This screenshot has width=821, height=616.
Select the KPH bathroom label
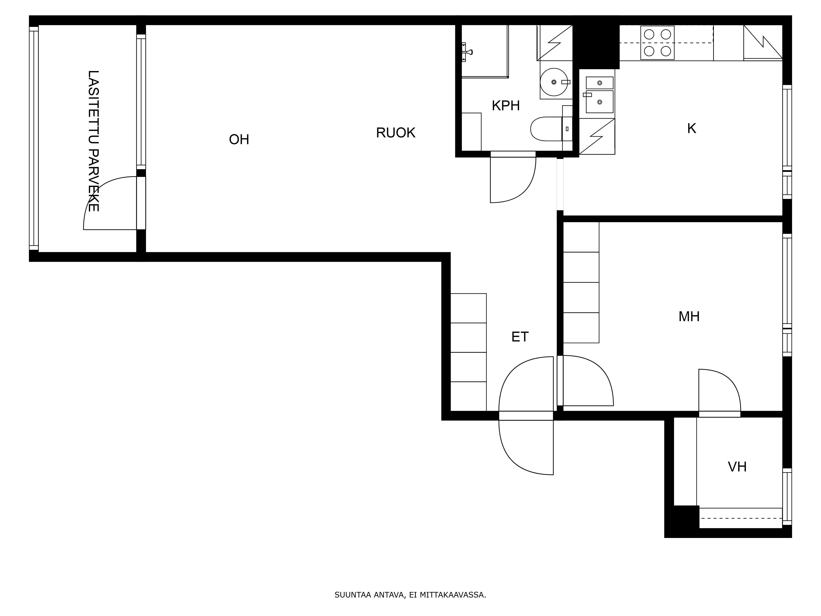(x=506, y=106)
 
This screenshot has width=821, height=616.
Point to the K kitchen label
(x=691, y=129)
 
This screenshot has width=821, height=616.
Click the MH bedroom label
(x=689, y=317)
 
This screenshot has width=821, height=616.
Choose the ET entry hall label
(x=520, y=337)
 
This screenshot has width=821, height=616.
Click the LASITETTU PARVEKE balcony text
(x=93, y=141)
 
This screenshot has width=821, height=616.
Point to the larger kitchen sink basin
(x=599, y=102)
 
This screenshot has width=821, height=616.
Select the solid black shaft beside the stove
(x=596, y=43)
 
